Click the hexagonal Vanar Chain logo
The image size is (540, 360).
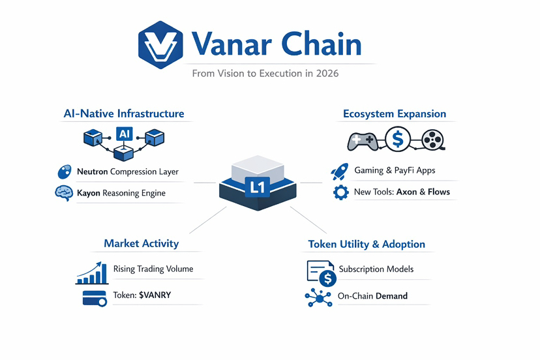(x=160, y=45)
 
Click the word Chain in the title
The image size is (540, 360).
(x=322, y=44)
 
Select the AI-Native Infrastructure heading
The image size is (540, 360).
(x=124, y=113)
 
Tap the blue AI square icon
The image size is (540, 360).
(x=124, y=134)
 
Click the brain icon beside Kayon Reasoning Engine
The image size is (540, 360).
(x=63, y=193)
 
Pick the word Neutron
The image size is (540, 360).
(x=92, y=172)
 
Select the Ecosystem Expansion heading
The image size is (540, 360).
(x=395, y=114)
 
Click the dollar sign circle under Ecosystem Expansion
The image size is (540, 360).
(x=397, y=139)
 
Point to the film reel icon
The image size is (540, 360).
(x=432, y=140)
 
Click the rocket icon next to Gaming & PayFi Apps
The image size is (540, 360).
(x=339, y=172)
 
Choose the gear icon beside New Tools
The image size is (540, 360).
(x=340, y=192)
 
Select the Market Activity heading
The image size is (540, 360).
(x=141, y=243)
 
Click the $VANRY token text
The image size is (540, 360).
(x=155, y=295)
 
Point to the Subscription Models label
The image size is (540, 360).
(x=376, y=269)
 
